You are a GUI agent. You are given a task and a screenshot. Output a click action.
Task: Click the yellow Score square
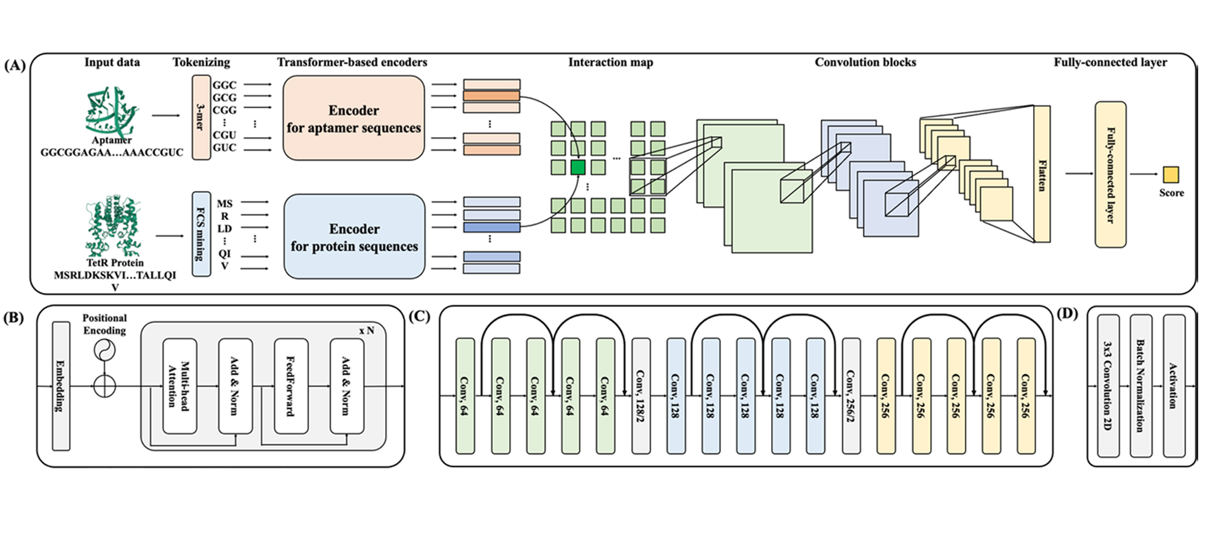tap(1171, 175)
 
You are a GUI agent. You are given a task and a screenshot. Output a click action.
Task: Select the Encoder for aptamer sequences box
tap(353, 118)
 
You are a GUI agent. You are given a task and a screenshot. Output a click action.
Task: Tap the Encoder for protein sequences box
tap(354, 237)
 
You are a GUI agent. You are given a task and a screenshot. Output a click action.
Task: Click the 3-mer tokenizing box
tap(201, 117)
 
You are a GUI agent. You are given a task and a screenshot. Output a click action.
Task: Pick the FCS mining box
tap(201, 234)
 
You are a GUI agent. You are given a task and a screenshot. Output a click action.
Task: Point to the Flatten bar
tap(1042, 174)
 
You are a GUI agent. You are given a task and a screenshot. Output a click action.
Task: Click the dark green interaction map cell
tap(577, 167)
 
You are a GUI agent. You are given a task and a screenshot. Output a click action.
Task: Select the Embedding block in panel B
tap(61, 386)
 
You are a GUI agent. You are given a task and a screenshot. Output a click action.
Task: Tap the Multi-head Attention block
tap(179, 386)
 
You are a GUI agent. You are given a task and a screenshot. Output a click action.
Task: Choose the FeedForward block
tap(291, 386)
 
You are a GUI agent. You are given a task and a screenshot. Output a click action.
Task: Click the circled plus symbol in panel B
tap(104, 386)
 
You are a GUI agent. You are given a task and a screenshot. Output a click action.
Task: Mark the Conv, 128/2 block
tap(641, 395)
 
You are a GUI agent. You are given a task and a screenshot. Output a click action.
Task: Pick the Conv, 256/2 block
tap(850, 395)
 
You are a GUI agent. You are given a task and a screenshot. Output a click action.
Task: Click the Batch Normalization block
tap(1141, 386)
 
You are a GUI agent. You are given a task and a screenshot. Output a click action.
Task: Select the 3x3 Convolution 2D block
tap(1108, 386)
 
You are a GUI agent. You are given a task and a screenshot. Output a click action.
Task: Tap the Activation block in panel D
tap(1173, 386)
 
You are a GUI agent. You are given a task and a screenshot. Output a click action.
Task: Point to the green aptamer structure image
tap(111, 112)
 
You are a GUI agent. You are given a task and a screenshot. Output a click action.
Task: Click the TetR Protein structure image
tap(113, 226)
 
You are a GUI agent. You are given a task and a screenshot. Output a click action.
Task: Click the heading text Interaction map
tap(610, 63)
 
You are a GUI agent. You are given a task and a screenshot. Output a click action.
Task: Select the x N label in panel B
tap(366, 330)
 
